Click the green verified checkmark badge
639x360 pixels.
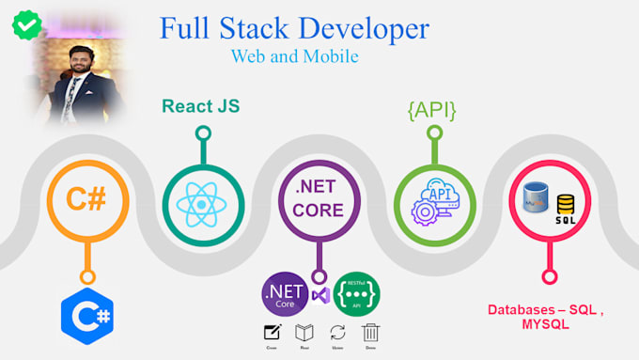click(24, 23)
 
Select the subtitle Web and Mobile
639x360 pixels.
click(294, 56)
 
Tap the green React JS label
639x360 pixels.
click(200, 106)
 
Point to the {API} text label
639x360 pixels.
click(431, 109)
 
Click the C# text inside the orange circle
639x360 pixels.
click(88, 199)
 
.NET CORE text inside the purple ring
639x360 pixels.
click(319, 197)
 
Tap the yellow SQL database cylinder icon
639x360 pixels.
click(566, 207)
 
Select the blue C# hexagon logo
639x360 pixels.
click(87, 317)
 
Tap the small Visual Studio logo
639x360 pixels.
click(319, 296)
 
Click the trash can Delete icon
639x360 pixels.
click(371, 332)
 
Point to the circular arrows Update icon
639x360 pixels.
click(337, 332)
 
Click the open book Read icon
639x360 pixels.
click(304, 332)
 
